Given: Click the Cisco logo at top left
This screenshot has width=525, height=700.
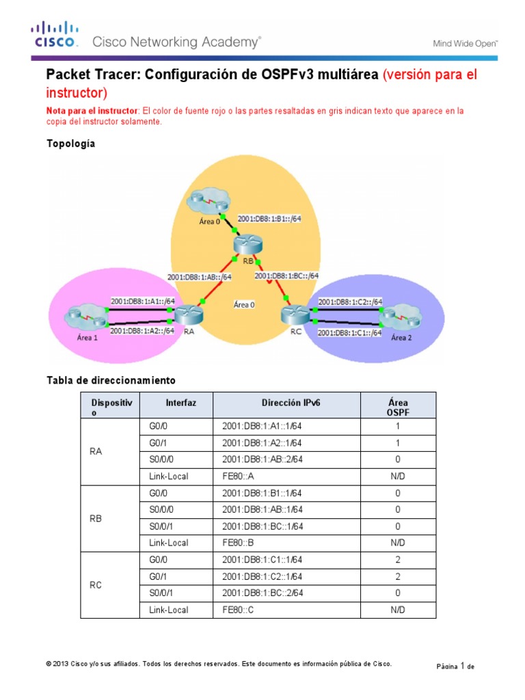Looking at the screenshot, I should [x=53, y=34].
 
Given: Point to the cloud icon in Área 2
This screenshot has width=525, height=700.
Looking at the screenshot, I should [x=398, y=318].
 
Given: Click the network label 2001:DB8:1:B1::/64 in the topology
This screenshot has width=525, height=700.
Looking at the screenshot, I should [x=269, y=219].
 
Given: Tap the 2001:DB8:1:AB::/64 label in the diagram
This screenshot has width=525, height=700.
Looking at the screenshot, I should [x=200, y=277].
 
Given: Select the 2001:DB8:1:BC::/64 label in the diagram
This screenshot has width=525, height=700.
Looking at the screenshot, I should [x=286, y=275].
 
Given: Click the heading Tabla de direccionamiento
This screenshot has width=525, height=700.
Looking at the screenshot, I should [x=111, y=379].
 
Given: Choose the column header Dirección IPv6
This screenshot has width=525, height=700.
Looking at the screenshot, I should [x=291, y=403].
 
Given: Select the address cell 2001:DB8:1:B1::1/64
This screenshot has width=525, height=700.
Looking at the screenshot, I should [x=262, y=493].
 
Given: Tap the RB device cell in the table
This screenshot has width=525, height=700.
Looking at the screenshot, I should [x=96, y=518].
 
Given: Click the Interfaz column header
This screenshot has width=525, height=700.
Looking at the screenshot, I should [x=180, y=403].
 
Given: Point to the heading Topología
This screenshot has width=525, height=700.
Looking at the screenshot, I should [x=70, y=144].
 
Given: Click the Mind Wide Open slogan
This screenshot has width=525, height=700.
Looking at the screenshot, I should [x=466, y=44].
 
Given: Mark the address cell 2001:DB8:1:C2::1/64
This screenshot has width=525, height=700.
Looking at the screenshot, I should [x=262, y=576].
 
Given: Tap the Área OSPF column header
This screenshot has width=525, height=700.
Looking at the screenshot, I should [x=398, y=407].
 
